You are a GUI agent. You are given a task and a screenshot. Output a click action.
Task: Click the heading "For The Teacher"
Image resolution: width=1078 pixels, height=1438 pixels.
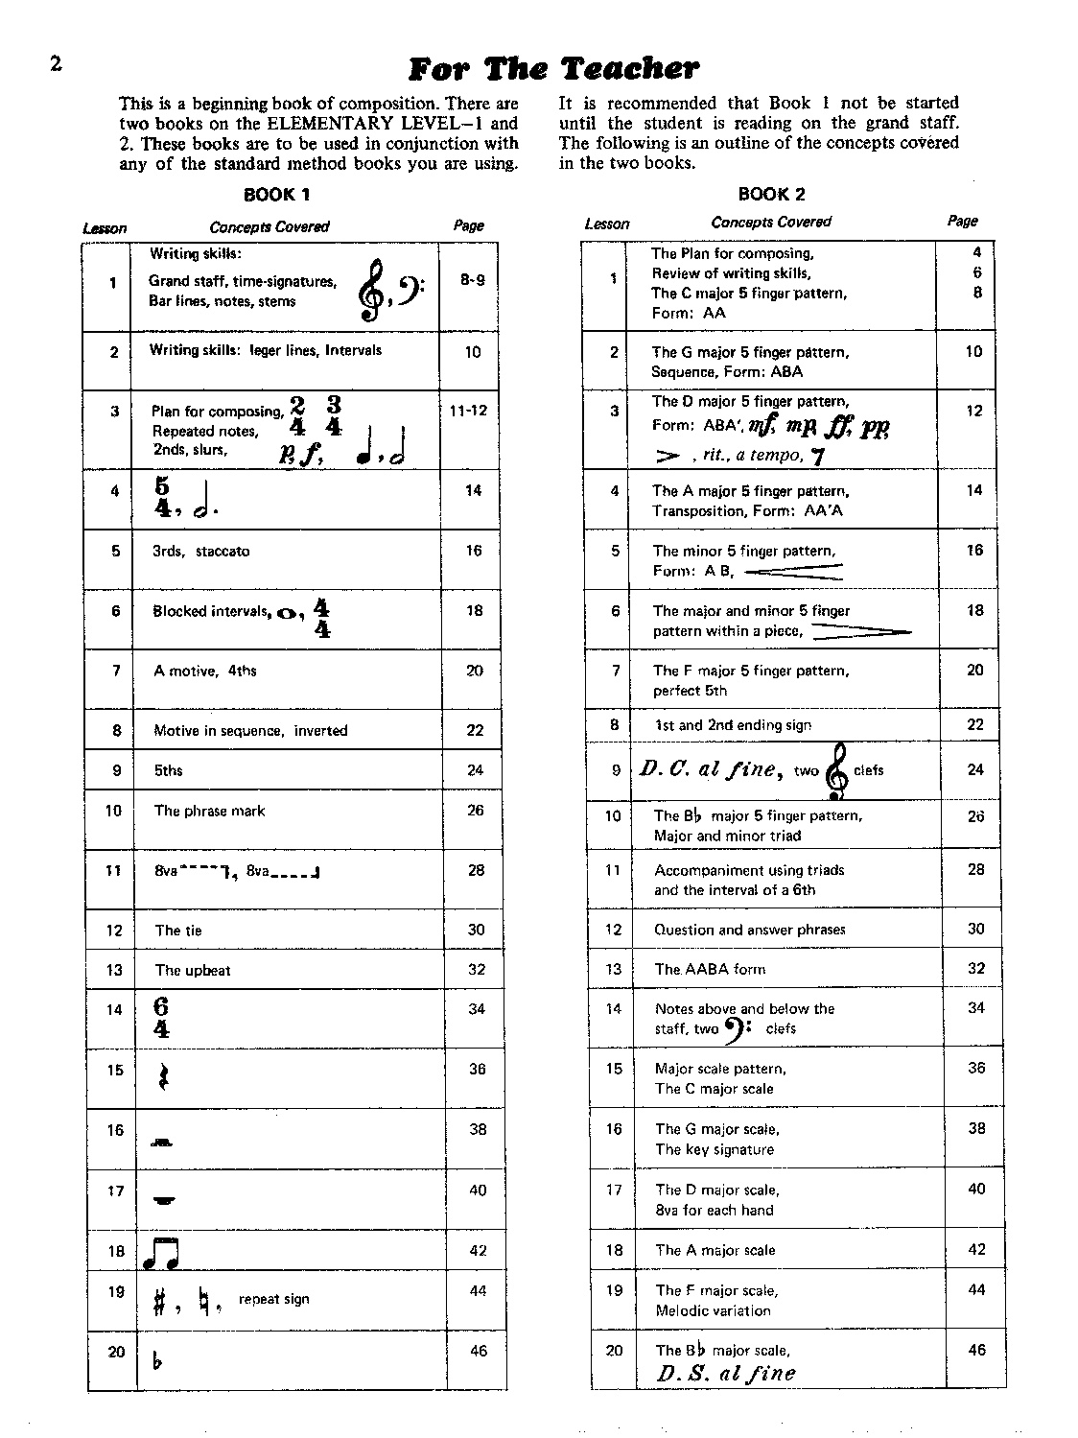[x=553, y=69]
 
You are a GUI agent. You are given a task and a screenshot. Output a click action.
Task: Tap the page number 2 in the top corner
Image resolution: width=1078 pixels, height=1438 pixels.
[x=55, y=64]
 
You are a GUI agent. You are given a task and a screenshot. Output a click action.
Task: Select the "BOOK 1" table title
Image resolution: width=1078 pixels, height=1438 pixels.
[x=276, y=195]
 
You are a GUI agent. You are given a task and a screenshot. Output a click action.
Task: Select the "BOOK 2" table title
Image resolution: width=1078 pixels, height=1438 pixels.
[x=771, y=194]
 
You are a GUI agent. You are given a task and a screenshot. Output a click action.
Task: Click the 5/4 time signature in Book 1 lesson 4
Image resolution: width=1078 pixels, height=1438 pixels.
[x=162, y=497]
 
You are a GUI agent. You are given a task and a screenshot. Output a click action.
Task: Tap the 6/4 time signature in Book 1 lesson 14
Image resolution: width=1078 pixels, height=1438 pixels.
[x=161, y=1018]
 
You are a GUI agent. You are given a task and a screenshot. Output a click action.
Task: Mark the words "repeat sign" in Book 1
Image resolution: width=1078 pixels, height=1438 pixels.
[x=273, y=1299]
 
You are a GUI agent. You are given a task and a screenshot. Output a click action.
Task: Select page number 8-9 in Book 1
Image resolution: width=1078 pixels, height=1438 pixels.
[x=472, y=280]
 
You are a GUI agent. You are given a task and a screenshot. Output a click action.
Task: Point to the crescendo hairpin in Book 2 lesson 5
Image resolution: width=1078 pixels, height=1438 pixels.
[x=793, y=572]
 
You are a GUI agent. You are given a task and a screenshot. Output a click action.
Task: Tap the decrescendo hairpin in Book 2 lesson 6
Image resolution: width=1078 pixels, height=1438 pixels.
[x=860, y=632]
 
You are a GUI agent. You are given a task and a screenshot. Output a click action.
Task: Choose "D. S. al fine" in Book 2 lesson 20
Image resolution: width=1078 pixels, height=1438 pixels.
[x=726, y=1373]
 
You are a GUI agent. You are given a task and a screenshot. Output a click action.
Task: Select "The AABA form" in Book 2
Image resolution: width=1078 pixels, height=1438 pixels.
[x=710, y=969]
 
